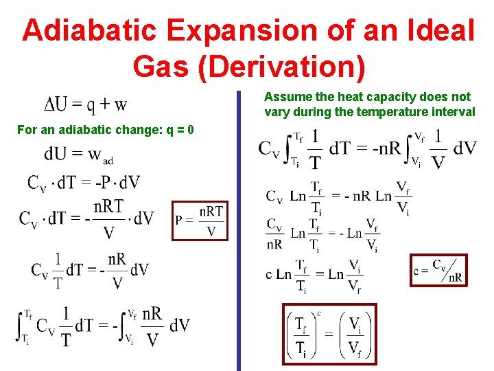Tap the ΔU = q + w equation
coord(85,105)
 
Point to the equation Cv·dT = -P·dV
coord(84,183)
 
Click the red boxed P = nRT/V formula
coord(200,221)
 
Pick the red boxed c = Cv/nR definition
coord(438,270)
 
